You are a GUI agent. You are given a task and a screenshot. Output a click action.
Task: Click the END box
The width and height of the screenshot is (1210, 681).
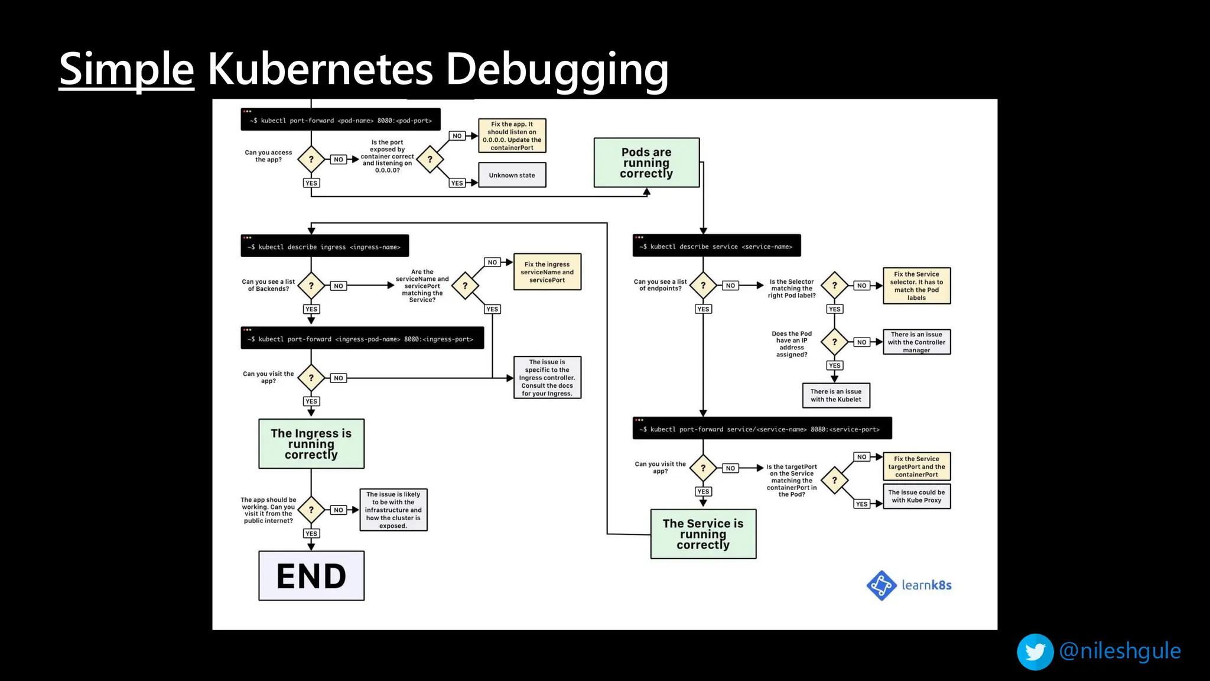(x=311, y=576)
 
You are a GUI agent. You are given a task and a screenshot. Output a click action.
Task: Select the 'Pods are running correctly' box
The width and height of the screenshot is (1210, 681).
(x=646, y=163)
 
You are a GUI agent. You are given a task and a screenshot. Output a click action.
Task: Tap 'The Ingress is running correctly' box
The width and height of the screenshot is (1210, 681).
(x=311, y=444)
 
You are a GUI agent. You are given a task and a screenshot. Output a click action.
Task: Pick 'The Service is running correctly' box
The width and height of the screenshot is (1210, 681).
(x=703, y=534)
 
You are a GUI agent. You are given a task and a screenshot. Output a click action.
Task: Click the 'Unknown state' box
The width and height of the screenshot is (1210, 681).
(x=512, y=175)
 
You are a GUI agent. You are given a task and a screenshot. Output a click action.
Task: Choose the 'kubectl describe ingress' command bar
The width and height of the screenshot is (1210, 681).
(x=324, y=246)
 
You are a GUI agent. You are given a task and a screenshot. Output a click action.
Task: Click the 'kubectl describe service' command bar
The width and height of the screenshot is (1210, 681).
(x=716, y=246)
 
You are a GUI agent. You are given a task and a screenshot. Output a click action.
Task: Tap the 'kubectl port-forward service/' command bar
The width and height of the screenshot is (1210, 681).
(x=762, y=429)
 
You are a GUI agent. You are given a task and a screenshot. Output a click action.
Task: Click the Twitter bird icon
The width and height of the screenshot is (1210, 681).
(x=1035, y=651)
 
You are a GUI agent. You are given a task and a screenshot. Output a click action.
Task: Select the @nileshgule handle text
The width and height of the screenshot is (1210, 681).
(x=1120, y=651)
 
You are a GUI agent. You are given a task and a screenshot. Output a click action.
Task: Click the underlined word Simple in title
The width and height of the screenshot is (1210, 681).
(x=126, y=69)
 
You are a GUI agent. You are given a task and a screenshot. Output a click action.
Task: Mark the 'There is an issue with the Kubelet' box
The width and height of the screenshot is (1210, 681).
(x=835, y=395)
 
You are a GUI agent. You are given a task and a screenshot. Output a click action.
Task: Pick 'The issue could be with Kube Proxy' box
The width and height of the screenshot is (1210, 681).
(x=916, y=496)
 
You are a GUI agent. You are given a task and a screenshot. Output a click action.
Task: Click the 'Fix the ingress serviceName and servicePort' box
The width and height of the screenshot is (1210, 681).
(x=547, y=272)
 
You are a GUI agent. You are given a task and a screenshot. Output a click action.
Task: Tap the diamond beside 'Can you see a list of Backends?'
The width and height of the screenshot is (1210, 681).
(x=311, y=286)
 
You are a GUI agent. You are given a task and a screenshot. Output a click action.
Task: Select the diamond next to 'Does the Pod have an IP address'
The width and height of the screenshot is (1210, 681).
(x=834, y=342)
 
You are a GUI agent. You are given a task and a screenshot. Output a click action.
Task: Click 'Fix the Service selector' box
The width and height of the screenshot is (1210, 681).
(x=916, y=286)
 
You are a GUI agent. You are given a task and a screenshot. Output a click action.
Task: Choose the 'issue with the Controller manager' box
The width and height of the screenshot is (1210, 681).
(x=916, y=342)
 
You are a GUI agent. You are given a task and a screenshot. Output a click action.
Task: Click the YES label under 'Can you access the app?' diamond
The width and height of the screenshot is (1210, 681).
(x=311, y=183)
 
